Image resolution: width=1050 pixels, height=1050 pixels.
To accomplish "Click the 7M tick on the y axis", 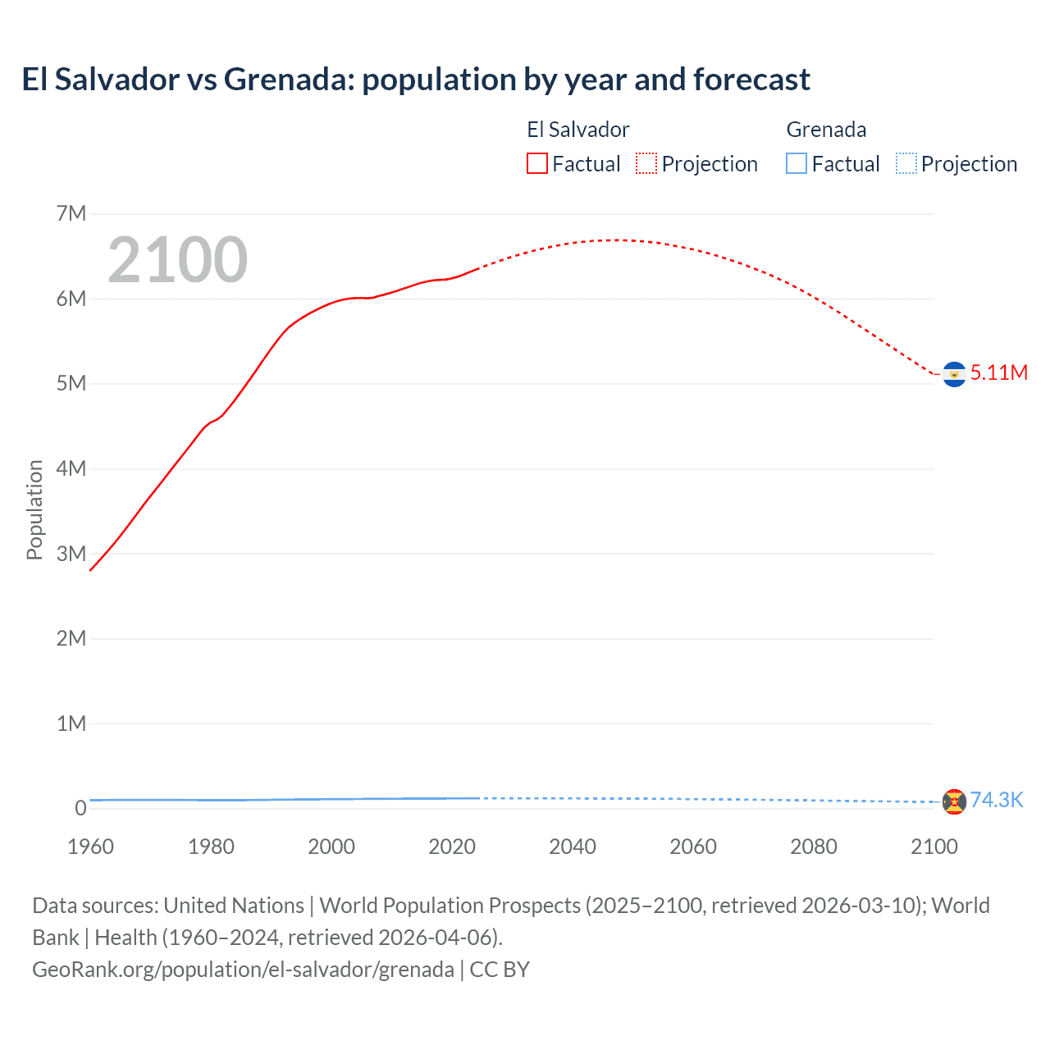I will pos(71,214).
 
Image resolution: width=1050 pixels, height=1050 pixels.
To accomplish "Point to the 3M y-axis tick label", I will pos(71,554).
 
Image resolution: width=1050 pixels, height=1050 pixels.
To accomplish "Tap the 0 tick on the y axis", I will pos(80,809).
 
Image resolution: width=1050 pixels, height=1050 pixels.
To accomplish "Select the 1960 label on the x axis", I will pos(90,847).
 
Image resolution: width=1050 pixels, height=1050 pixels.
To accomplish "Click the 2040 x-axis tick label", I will pos(573,847).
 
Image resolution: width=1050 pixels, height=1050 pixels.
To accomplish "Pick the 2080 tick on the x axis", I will pos(814,847).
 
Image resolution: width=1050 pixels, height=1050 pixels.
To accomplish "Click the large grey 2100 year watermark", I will pos(177,260).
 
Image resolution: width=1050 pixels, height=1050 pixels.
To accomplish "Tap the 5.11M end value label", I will pos(998,372).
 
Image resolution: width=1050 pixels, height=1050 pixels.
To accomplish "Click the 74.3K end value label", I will pos(997,800).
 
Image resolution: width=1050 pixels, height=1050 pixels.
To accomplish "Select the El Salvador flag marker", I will pos(954,374).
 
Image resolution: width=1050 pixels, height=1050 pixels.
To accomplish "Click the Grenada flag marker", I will pos(954,801).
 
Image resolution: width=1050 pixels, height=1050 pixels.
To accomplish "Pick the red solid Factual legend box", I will pos(537,163).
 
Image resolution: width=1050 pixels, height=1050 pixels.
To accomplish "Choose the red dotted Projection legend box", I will pos(646,163).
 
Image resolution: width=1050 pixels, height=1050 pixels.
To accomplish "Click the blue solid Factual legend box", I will pos(797,163).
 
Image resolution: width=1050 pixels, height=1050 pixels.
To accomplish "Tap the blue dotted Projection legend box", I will pos(906,163).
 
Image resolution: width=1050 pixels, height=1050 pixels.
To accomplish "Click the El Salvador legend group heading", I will pos(578,130).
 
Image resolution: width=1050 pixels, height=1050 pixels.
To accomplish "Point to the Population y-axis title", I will pos(34,509).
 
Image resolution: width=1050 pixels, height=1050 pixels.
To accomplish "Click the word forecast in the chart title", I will pos(751,80).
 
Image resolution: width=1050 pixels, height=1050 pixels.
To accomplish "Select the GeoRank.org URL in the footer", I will pos(243,970).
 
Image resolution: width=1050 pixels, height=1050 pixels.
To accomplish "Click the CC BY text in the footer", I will pos(500,970).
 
